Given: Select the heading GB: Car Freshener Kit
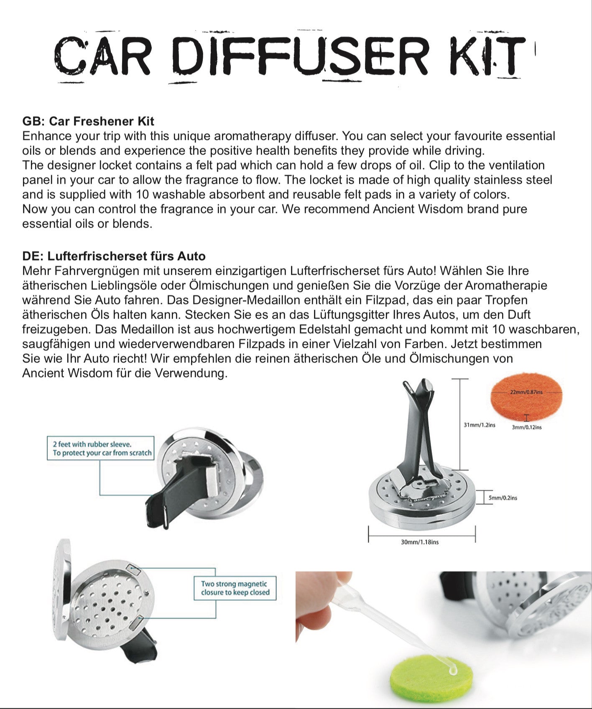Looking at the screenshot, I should click(88, 121).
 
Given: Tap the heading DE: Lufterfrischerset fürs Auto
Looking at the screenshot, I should click(114, 256).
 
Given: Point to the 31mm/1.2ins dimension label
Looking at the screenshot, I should click(479, 425).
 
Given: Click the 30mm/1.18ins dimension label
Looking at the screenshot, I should click(419, 542).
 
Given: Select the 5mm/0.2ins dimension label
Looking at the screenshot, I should click(503, 498).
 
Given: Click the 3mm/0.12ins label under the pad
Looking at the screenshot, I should click(526, 427).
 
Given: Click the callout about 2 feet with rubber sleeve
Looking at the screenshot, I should click(100, 448).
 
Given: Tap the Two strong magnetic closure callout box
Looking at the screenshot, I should click(235, 588).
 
